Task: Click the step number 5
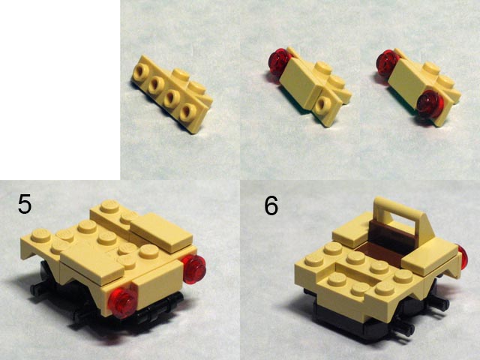(x=25, y=203)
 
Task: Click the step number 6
(x=271, y=205)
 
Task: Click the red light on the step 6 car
(x=462, y=259)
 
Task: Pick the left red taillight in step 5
(x=122, y=302)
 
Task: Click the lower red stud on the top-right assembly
(x=430, y=104)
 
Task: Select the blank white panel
(x=60, y=90)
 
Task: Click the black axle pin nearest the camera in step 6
(x=406, y=329)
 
